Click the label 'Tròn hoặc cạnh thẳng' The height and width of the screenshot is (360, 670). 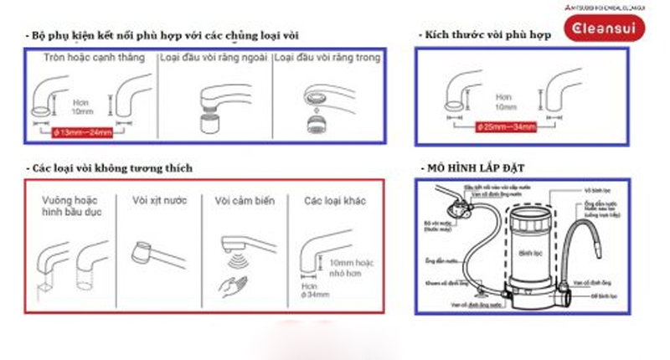(95, 58)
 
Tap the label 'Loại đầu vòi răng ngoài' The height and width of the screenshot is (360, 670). (214, 58)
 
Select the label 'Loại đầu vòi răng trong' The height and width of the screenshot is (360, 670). (327, 58)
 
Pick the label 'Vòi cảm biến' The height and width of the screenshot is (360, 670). (243, 201)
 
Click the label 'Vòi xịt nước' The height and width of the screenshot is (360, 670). (159, 201)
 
